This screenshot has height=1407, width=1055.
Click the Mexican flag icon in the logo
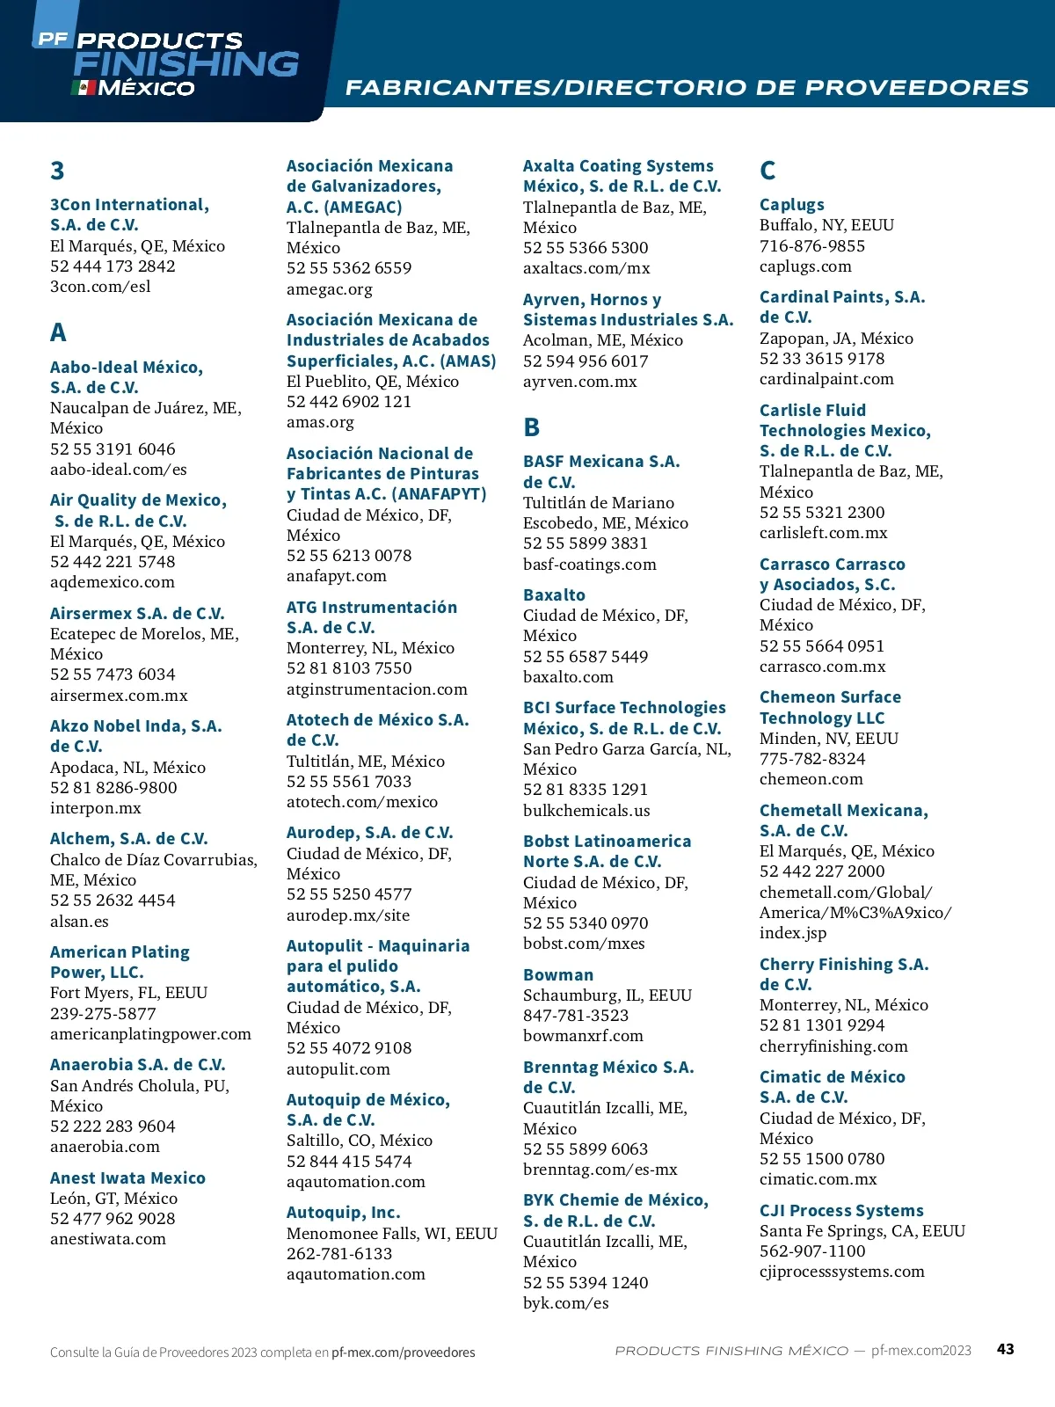point(84,88)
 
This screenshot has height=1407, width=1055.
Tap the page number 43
point(1006,1349)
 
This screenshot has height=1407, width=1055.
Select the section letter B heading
point(531,427)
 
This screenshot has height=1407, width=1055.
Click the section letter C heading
point(768,171)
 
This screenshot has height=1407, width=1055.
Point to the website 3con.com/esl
point(100,287)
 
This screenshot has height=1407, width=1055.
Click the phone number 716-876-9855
point(812,246)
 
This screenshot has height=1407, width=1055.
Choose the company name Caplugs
point(792,205)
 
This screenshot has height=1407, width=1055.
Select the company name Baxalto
point(554,595)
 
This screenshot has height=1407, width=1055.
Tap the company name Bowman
point(558,975)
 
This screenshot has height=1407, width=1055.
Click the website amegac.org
point(330,289)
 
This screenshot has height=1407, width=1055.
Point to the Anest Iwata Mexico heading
point(127,1178)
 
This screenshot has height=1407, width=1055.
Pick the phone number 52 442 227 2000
point(822,871)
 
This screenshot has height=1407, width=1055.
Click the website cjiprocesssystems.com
point(842,1272)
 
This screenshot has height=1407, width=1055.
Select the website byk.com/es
point(566,1303)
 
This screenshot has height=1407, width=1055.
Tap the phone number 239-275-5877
point(103,1014)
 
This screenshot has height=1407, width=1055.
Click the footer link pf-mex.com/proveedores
point(403,1352)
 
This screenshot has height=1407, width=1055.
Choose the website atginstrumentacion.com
point(377,689)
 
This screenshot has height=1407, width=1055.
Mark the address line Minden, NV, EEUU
point(829,739)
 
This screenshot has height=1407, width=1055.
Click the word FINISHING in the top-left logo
point(186,64)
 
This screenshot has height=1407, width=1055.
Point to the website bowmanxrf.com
point(583,1036)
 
